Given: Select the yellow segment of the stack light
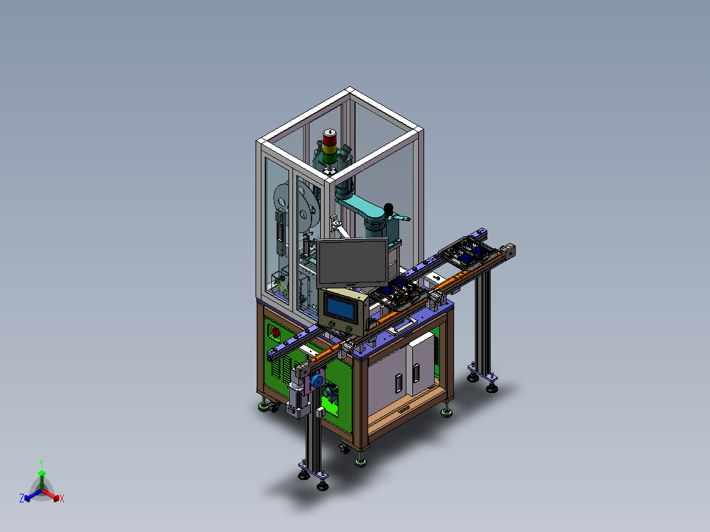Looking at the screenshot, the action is click(329, 149).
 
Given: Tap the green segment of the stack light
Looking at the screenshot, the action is click(329, 158).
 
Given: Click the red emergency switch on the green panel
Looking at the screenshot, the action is click(275, 333).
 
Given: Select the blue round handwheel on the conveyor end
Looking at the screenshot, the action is click(317, 382).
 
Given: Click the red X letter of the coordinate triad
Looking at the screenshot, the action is click(62, 498).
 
